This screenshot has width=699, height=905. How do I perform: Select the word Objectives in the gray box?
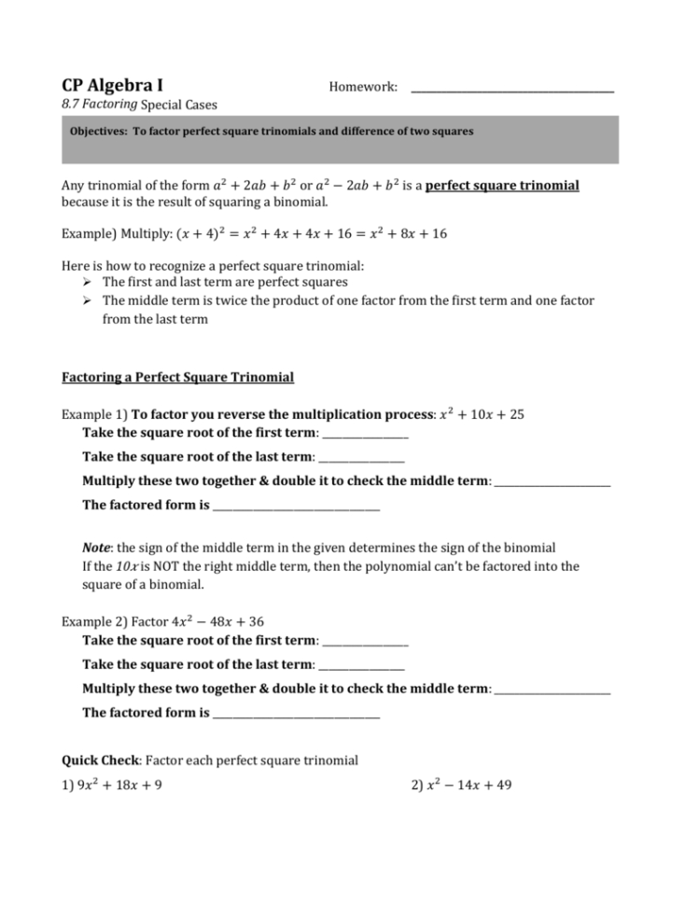point(99,132)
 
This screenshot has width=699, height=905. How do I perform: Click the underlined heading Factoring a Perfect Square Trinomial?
point(177,377)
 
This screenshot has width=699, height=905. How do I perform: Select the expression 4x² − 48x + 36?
point(226,620)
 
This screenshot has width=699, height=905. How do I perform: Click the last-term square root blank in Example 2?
point(361,666)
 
